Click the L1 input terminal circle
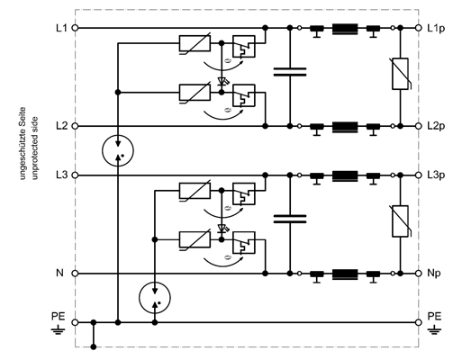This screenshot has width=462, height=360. click(76, 28)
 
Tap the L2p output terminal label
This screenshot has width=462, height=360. click(436, 126)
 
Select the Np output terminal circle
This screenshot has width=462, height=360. click(419, 274)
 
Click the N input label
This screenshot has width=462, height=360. click(60, 273)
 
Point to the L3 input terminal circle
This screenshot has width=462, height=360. click(76, 175)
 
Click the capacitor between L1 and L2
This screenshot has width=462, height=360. click(290, 72)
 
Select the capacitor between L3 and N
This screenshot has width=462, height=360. click(290, 219)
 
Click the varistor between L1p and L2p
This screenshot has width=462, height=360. click(401, 74)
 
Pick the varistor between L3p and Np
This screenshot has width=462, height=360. click(401, 221)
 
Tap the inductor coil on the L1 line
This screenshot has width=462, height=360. click(345, 29)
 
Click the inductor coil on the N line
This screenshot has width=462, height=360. click(345, 274)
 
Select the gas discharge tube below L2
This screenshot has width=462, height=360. click(118, 150)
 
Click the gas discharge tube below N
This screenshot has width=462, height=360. click(155, 298)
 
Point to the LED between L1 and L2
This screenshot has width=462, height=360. click(222, 81)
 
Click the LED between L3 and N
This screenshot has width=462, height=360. click(222, 229)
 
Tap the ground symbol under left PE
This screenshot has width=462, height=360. click(58, 330)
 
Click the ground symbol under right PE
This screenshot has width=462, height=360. click(434, 330)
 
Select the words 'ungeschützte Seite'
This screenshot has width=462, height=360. click(23, 143)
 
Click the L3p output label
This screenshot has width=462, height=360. click(436, 175)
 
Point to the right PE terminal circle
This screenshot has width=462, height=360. click(419, 322)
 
